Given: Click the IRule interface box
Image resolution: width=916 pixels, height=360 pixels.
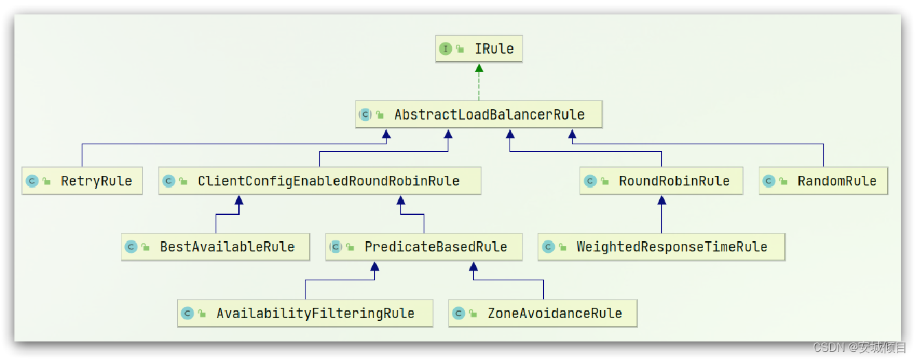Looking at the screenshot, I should (x=479, y=49).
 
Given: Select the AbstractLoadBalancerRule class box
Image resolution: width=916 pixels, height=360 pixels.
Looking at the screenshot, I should (x=479, y=115).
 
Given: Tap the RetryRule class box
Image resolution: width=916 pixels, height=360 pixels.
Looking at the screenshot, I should (x=82, y=181).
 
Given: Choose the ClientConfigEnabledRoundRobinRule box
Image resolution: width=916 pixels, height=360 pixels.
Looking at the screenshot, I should (x=319, y=181).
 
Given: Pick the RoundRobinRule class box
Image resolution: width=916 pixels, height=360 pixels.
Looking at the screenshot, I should (x=661, y=181).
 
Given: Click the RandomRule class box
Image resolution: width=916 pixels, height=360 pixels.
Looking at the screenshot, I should (x=823, y=181).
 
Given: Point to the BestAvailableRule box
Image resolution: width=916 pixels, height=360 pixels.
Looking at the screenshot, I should (x=215, y=247).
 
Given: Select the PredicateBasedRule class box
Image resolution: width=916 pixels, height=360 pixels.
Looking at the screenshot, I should (x=424, y=247).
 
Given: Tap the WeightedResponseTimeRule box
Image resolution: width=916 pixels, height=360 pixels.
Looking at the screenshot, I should (x=661, y=247).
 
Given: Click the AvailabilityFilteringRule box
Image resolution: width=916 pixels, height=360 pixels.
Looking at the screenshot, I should (x=305, y=313).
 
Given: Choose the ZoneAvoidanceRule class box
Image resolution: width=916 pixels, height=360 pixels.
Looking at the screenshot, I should (x=542, y=313).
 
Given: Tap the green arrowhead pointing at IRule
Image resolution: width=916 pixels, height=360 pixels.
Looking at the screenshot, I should (x=479, y=68).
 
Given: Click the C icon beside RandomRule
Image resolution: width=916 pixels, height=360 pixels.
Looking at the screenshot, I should (x=769, y=181).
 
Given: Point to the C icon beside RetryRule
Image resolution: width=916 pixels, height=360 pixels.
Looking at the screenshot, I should (x=32, y=181).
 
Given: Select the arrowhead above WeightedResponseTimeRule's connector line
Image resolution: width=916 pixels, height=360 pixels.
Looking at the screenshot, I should (x=661, y=201).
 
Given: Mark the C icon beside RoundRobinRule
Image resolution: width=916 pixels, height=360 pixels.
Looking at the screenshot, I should (x=590, y=181).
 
